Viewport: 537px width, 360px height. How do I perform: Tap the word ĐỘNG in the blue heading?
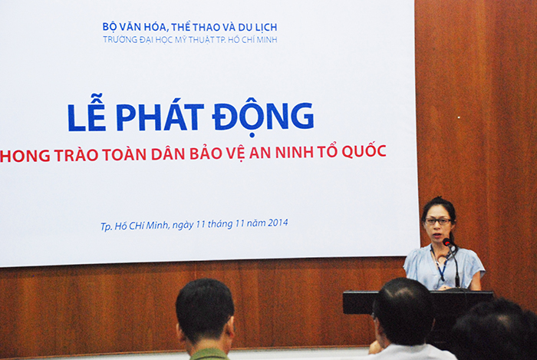[262, 117]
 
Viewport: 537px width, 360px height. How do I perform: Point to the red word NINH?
[294, 153]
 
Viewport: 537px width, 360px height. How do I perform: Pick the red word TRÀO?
[77, 155]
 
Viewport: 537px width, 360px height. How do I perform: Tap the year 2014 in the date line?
[278, 223]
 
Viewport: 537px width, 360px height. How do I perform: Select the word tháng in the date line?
[219, 224]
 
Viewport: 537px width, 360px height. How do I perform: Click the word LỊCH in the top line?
[265, 26]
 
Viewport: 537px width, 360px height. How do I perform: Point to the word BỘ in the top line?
[108, 26]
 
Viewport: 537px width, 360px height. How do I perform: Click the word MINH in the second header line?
[267, 39]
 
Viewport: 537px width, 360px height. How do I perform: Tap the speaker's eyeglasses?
[438, 221]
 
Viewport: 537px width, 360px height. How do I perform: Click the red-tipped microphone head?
[447, 242]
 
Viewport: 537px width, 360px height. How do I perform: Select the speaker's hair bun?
[440, 200]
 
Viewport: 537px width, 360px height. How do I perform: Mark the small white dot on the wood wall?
[459, 117]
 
